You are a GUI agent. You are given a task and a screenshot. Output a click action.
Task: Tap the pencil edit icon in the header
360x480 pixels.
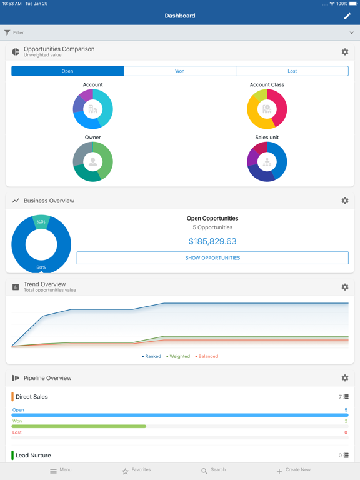tap(347, 16)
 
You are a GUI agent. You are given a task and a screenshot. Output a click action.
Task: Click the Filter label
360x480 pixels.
tap(18, 32)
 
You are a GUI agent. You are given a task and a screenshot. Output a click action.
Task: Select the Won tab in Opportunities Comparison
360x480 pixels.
tap(180, 71)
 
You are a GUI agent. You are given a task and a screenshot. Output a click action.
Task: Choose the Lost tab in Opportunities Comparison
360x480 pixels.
tap(292, 71)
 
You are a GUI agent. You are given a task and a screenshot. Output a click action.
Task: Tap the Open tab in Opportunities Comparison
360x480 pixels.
tap(67, 71)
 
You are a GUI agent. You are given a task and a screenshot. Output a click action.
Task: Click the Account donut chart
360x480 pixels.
tap(92, 109)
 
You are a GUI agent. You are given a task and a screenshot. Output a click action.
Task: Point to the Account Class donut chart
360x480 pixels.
tap(267, 109)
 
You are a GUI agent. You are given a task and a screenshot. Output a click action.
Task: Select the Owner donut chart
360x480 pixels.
tap(92, 162)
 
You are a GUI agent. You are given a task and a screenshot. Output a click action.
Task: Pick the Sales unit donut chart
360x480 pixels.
tap(267, 162)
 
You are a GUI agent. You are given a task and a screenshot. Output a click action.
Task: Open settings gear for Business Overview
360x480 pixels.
tap(345, 201)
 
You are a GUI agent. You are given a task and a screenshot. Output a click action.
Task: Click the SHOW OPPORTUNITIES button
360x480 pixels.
tap(212, 258)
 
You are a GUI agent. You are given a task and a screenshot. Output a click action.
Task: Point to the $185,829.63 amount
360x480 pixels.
tap(212, 241)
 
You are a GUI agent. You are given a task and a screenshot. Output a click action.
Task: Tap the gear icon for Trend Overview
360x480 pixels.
tap(345, 287)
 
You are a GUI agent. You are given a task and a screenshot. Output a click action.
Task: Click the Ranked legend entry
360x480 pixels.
tap(152, 357)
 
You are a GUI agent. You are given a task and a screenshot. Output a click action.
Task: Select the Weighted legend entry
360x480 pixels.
tap(179, 357)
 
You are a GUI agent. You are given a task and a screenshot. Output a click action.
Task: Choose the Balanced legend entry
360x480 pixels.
tap(207, 357)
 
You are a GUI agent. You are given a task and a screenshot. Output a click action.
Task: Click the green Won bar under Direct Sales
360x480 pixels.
tap(79, 426)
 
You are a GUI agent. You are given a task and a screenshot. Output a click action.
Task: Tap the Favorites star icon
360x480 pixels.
tap(125, 471)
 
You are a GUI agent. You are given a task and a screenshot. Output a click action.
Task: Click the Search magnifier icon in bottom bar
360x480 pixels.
tap(204, 471)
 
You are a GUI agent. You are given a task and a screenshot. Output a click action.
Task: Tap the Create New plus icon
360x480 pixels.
tap(279, 471)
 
